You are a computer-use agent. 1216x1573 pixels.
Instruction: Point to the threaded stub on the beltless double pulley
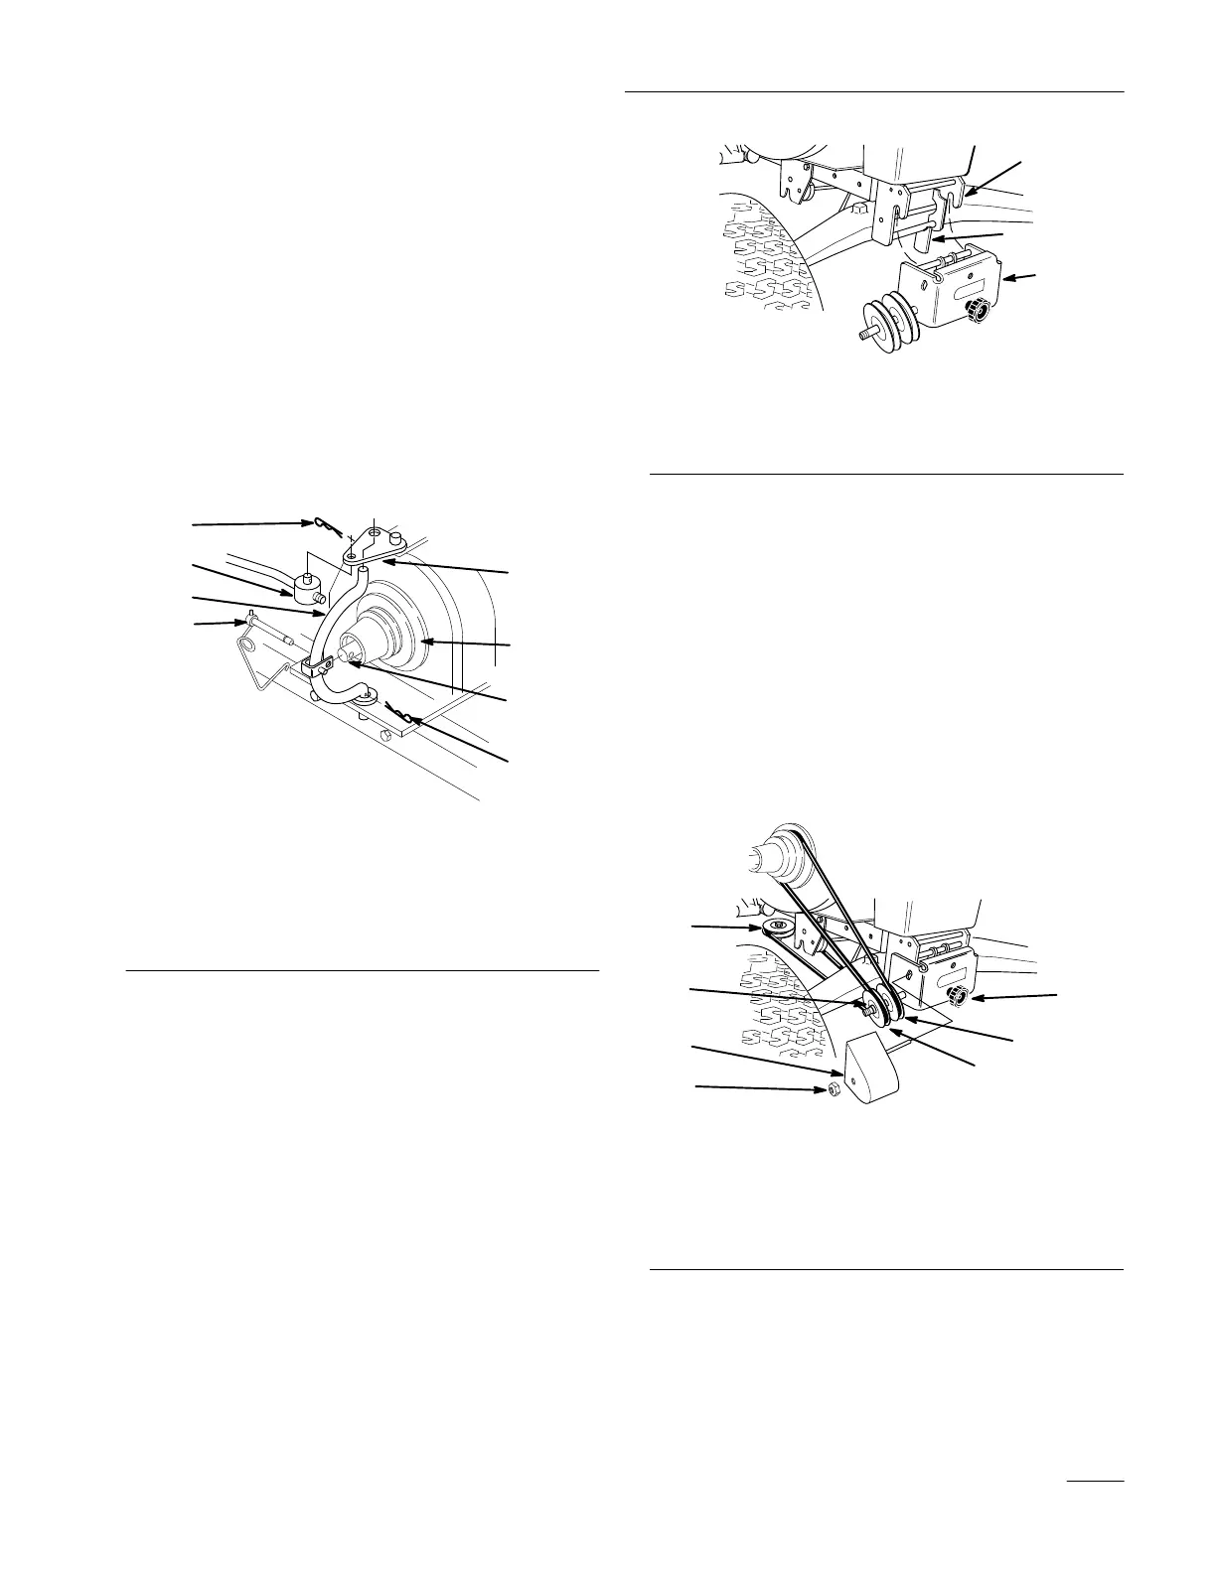point(865,335)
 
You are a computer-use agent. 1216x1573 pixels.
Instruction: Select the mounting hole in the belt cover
point(850,1073)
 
